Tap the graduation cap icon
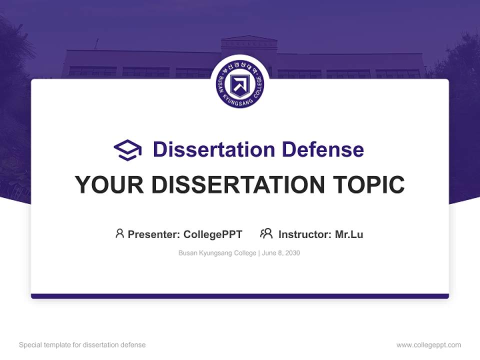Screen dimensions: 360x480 click(127, 150)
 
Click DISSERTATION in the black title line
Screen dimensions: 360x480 click(237, 185)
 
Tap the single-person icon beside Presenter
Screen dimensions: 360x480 click(119, 233)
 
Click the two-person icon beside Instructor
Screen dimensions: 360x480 click(266, 233)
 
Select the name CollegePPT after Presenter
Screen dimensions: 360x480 click(212, 234)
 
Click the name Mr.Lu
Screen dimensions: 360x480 click(349, 234)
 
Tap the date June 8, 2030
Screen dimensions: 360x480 click(281, 253)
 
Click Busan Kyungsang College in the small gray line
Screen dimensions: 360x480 click(217, 253)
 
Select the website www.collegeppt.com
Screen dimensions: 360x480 click(428, 345)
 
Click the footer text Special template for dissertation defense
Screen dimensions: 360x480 click(82, 345)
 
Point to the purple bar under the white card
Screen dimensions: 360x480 click(240, 296)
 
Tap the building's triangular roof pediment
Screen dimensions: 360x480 click(248, 38)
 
